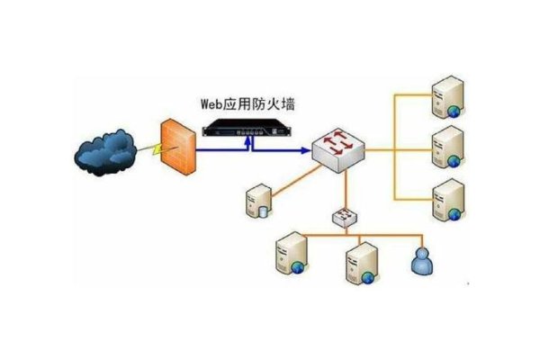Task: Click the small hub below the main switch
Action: pos(345,217)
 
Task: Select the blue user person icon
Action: pos(420,261)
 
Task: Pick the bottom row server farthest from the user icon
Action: pos(293,255)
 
